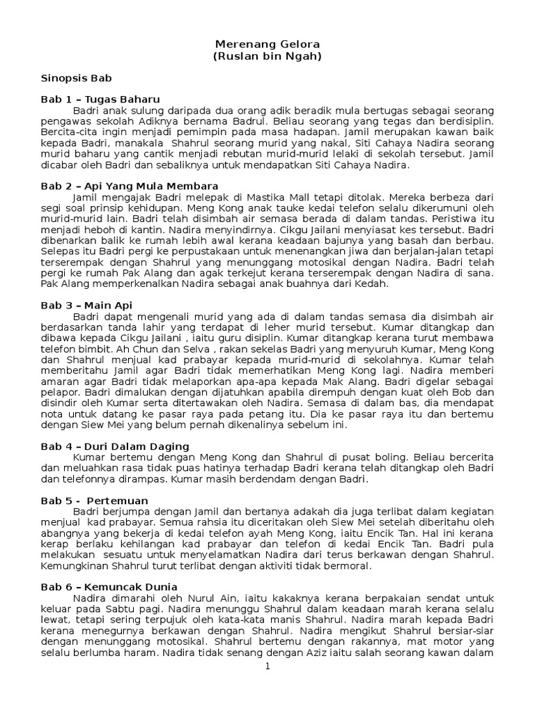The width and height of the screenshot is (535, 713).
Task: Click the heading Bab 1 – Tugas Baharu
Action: click(x=100, y=100)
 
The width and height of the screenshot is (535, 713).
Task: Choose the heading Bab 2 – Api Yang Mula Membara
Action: click(x=130, y=186)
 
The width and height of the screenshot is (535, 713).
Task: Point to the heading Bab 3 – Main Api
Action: click(x=86, y=305)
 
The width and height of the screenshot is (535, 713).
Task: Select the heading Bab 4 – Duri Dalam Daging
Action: click(x=115, y=446)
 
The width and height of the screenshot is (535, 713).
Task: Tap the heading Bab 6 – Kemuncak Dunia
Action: click(x=109, y=586)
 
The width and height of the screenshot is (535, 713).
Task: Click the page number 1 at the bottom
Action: click(x=267, y=667)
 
